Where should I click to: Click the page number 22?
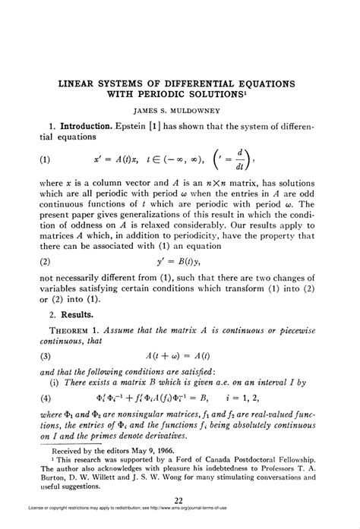[179, 499]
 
